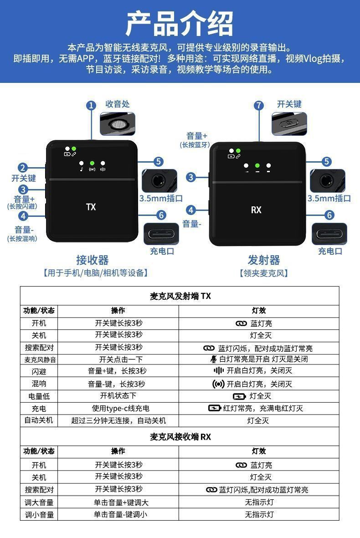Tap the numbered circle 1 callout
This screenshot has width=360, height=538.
pyautogui.click(x=92, y=106)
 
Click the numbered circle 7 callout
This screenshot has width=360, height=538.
pyautogui.click(x=259, y=106)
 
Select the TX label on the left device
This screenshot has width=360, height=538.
pyautogui.click(x=91, y=207)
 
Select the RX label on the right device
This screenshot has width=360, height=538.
pyautogui.click(x=256, y=210)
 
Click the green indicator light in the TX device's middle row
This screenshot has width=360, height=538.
pyautogui.click(x=92, y=163)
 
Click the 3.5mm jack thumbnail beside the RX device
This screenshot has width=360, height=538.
pyautogui.click(x=329, y=180)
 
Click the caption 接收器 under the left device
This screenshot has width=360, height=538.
pyautogui.click(x=93, y=260)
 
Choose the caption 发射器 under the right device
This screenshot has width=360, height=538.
pyautogui.click(x=264, y=260)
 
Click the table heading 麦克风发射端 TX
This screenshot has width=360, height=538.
pyautogui.click(x=180, y=296)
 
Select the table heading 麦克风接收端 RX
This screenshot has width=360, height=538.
pyautogui.click(x=180, y=437)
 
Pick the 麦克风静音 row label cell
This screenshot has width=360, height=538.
pyautogui.click(x=39, y=359)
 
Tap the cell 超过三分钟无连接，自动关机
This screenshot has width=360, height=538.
pyautogui.click(x=118, y=420)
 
